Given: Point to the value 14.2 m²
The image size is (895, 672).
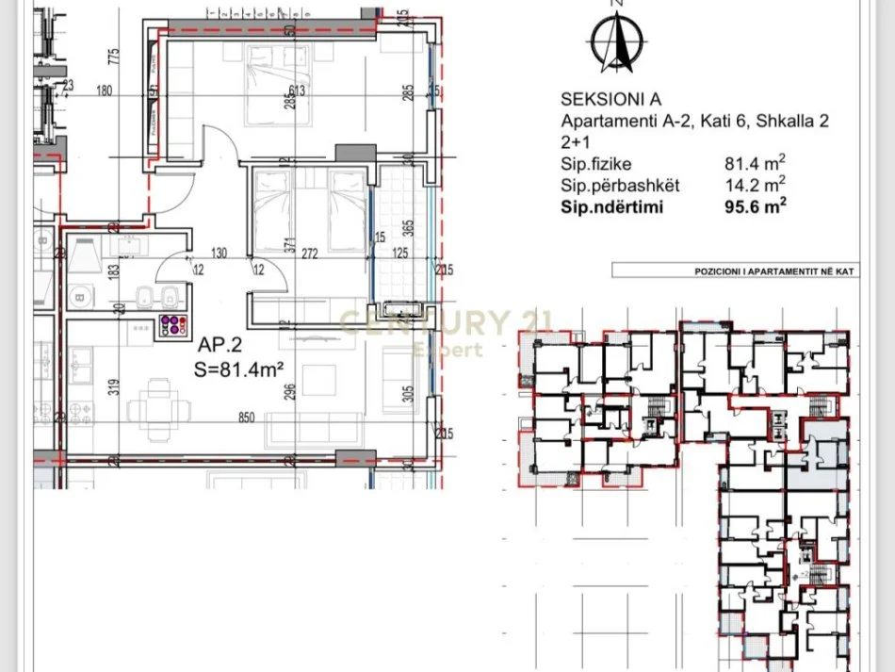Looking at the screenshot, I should pyautogui.click(x=755, y=186).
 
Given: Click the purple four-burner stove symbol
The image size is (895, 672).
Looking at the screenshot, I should pyautogui.click(x=171, y=325).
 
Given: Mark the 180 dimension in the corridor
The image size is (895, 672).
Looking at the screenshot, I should pyautogui.click(x=104, y=90).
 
